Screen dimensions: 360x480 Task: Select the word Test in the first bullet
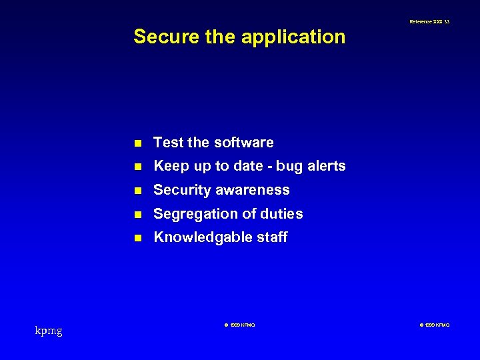pyautogui.click(x=169, y=143)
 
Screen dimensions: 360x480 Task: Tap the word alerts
pyautogui.click(x=326, y=166)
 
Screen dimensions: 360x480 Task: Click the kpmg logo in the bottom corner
pyautogui.click(x=49, y=331)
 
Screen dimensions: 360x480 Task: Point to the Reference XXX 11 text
pyautogui.click(x=429, y=22)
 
